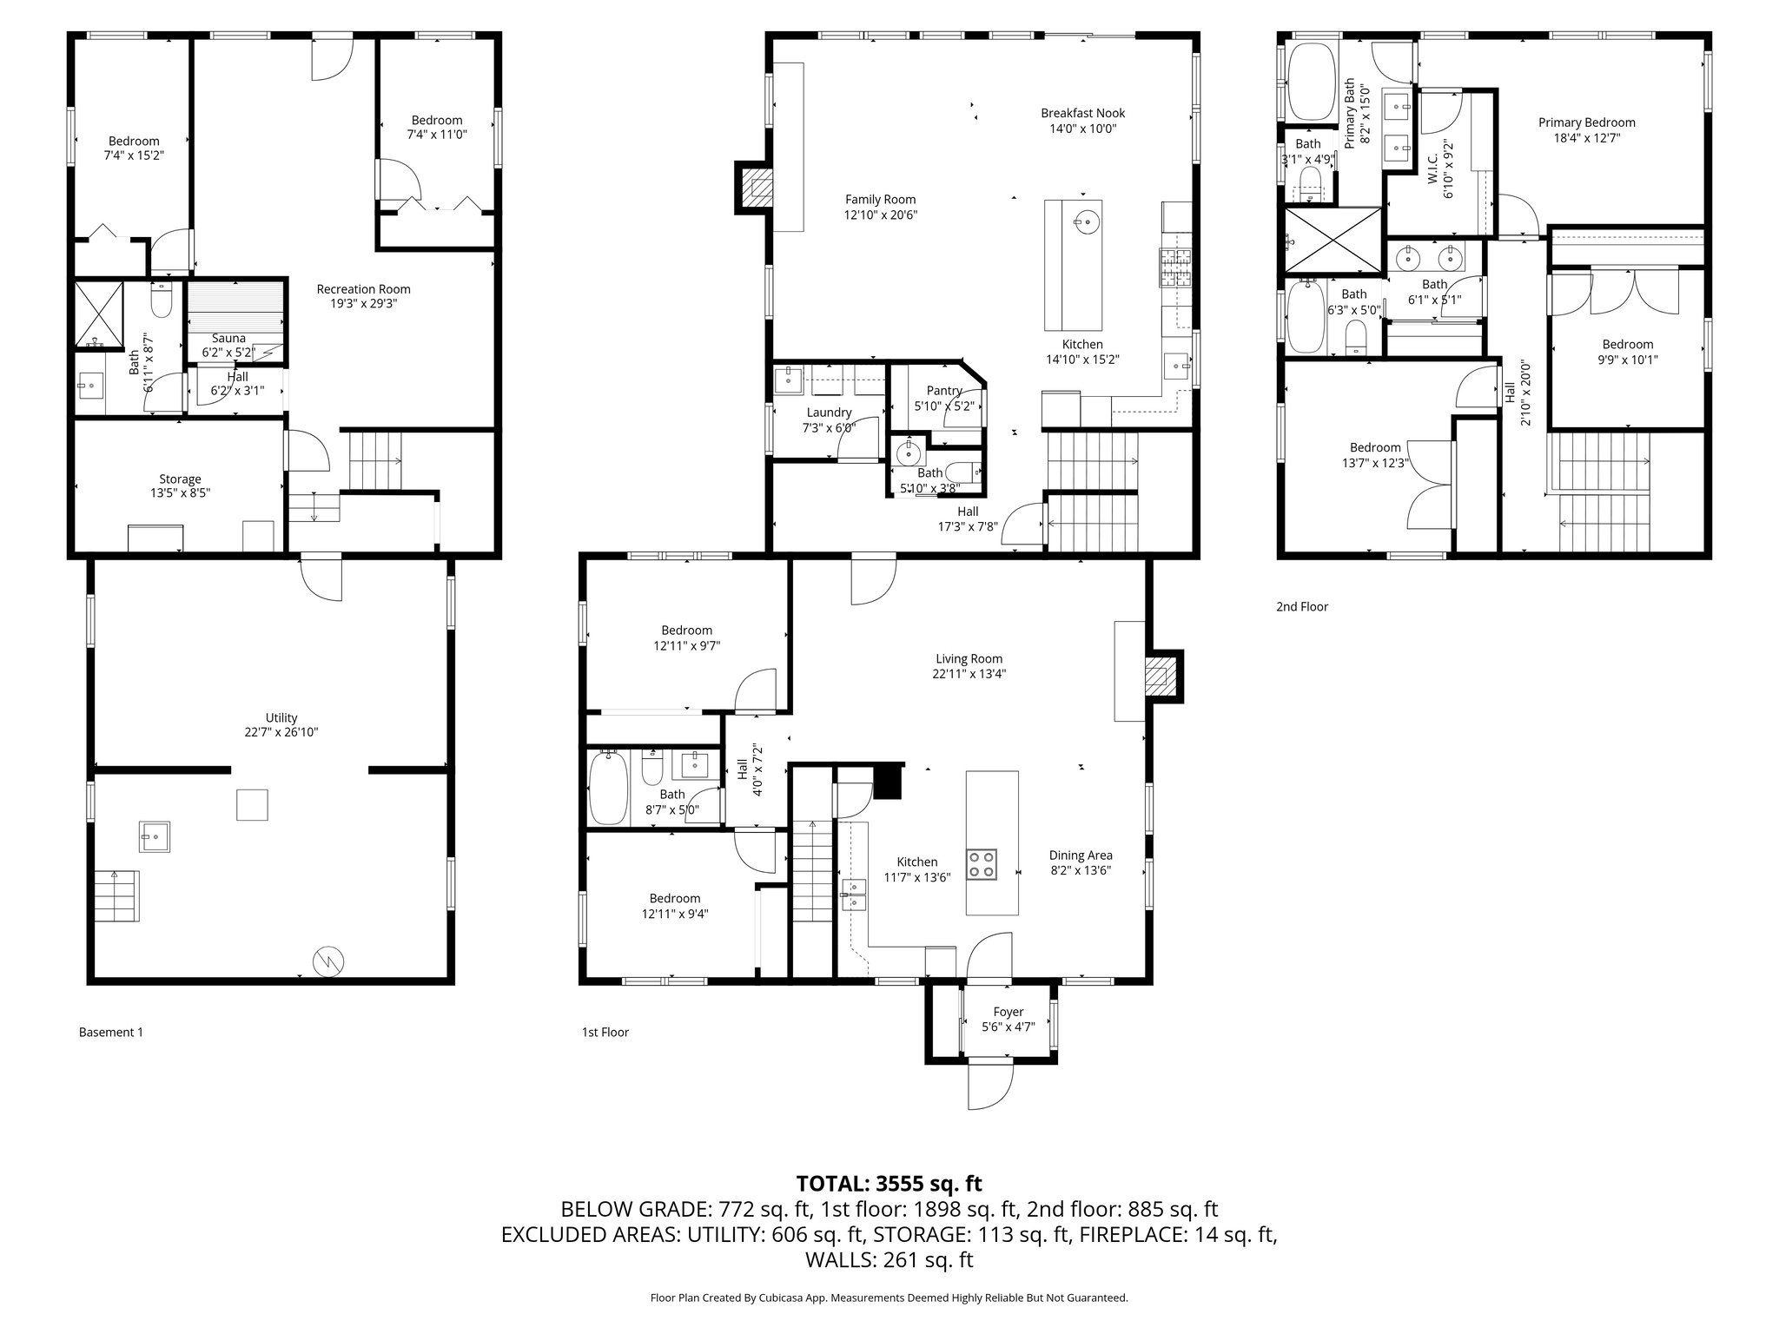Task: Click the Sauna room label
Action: (229, 338)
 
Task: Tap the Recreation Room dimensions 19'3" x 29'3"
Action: (363, 304)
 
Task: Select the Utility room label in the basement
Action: (281, 717)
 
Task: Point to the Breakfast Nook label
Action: (1082, 113)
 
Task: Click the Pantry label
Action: (943, 391)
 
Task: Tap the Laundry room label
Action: (829, 413)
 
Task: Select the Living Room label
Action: (969, 658)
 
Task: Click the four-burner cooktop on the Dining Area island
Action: (982, 865)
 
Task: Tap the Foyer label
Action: (1008, 1012)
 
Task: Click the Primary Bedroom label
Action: (1586, 122)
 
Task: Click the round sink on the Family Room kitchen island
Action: (1086, 222)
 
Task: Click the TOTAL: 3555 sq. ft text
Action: (889, 1184)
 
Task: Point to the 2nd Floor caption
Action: (1301, 607)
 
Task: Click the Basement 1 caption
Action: (111, 1033)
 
